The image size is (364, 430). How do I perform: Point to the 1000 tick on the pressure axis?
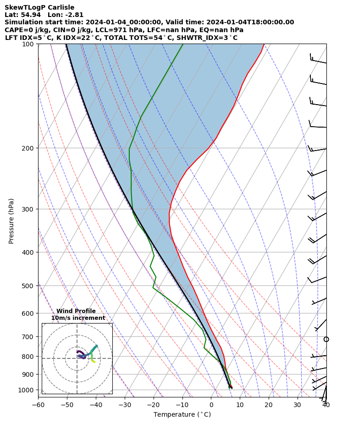27,390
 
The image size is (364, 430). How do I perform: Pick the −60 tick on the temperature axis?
38,405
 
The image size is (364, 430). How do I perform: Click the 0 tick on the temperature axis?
211,405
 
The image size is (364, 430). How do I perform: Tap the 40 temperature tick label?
326,405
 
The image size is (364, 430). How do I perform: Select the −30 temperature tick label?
125,405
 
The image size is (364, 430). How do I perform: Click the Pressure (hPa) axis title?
11,221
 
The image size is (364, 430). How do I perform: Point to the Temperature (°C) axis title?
182,415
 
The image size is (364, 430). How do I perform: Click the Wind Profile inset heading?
76,311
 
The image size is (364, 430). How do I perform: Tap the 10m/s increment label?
78,318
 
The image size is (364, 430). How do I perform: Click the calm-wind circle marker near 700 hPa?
326,339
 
